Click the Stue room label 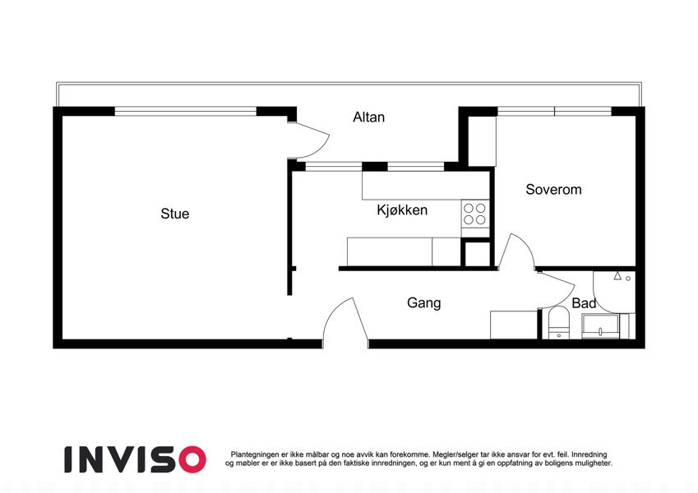click(x=175, y=214)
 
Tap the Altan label click(x=368, y=117)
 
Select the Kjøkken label click(x=402, y=210)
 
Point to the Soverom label click(x=553, y=190)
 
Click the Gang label click(x=423, y=303)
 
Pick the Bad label click(x=584, y=303)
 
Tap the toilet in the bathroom click(x=559, y=323)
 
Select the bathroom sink click(x=600, y=326)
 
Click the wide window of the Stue click(x=186, y=111)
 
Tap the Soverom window click(x=554, y=111)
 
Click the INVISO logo click(x=135, y=459)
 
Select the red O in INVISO click(x=192, y=459)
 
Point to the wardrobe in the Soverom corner click(x=482, y=141)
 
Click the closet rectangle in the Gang click(x=514, y=325)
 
